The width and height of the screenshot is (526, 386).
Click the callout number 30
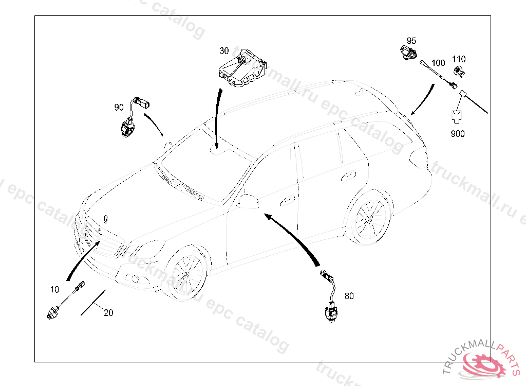(x=224, y=50)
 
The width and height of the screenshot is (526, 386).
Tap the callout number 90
(x=119, y=107)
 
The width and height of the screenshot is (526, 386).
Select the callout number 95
(x=411, y=41)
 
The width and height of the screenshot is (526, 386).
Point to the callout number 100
(x=438, y=63)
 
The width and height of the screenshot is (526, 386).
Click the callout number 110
(x=459, y=59)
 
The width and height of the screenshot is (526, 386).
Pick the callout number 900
(x=457, y=134)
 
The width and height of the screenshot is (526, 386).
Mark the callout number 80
(x=349, y=296)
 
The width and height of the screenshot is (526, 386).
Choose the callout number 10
(x=55, y=289)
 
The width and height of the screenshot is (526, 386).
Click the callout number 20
(x=108, y=312)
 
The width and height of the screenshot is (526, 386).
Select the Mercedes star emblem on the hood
(x=105, y=218)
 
